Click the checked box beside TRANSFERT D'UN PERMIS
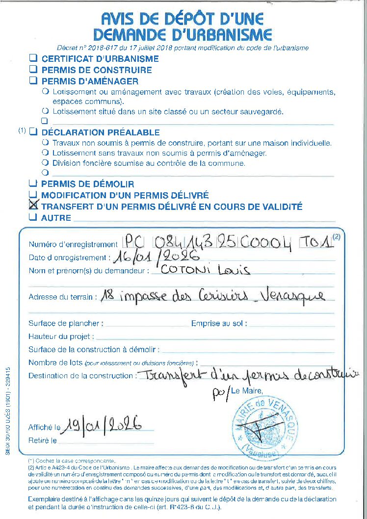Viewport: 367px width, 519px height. point(34,206)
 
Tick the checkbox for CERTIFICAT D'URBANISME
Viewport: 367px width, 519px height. point(33,58)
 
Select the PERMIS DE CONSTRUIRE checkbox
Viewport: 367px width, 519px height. point(33,69)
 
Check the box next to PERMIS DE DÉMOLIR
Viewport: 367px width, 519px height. point(33,183)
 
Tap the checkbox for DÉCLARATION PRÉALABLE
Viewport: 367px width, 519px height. point(33,132)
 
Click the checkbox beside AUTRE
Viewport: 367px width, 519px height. point(33,217)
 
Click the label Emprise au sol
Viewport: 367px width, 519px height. point(219,324)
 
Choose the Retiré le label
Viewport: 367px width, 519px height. point(43,441)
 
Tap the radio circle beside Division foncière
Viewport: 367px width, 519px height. point(46,163)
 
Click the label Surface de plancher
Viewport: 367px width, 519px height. point(66,324)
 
